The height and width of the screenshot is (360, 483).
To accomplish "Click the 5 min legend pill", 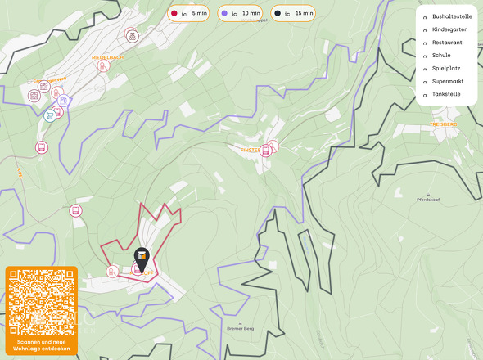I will [189, 14].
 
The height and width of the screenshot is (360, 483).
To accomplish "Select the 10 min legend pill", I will [241, 14].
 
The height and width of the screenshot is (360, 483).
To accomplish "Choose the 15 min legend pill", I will [293, 14].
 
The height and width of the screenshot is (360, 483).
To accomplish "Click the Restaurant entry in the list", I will [447, 42].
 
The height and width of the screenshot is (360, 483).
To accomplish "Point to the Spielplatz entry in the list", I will [446, 68].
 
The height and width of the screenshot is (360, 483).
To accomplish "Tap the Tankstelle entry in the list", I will [447, 94].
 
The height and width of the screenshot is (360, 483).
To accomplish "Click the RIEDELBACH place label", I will [107, 57].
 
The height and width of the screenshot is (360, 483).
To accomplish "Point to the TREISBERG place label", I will [442, 124].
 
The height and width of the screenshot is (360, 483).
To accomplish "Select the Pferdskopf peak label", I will [430, 200].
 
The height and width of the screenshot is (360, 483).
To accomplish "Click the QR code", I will [42, 302].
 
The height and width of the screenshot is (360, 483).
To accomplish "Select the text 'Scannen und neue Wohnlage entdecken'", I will [42, 345].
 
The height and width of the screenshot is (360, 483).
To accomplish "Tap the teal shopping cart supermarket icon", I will [51, 115].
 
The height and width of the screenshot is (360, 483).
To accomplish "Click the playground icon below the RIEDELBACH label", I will [103, 66].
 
